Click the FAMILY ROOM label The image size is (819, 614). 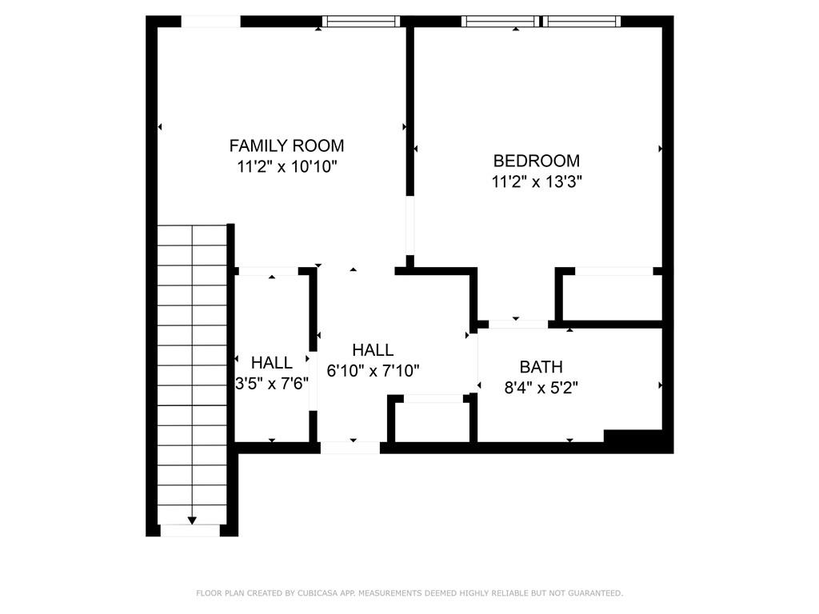tap(286, 146)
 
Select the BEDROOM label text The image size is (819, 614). tap(537, 160)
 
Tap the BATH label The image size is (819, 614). tap(541, 367)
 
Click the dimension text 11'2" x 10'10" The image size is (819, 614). tap(287, 167)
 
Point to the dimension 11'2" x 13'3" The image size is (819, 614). tap(537, 181)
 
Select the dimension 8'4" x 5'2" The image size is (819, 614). tap(541, 389)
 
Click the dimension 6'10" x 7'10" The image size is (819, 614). tap(373, 371)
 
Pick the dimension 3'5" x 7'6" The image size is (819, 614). tap(272, 384)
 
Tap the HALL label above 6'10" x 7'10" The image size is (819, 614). tap(373, 350)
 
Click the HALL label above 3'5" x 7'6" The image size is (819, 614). tap(272, 362)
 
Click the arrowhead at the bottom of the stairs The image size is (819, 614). tap(192, 520)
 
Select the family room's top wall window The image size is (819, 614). tap(361, 22)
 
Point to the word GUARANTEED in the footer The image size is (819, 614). tap(595, 593)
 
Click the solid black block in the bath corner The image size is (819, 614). tap(633, 437)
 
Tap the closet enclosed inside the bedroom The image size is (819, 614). tap(612, 297)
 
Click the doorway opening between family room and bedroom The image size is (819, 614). tap(410, 225)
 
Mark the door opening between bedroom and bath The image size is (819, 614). tap(518, 325)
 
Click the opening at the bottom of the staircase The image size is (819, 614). tap(190, 531)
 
